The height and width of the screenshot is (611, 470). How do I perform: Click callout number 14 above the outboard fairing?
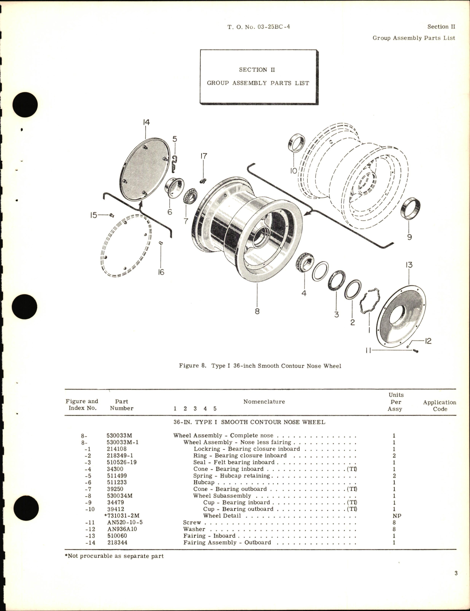[146, 122]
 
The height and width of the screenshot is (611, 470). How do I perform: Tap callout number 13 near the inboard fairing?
[409, 265]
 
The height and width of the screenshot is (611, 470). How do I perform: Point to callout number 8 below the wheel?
[257, 311]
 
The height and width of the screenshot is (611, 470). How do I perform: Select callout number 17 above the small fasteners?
[203, 156]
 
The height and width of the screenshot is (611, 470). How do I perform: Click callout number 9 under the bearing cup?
[409, 237]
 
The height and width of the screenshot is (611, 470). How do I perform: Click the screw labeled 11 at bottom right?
[415, 351]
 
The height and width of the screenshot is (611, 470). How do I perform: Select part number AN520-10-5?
[125, 522]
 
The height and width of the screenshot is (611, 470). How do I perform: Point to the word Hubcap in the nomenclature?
[204, 482]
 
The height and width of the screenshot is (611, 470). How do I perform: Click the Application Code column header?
[440, 405]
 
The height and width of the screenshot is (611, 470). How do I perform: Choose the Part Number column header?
[122, 405]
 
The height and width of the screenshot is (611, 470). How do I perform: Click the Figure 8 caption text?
[260, 366]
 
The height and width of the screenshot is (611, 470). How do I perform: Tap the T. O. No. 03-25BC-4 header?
[259, 27]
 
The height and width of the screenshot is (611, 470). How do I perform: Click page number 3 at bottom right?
[456, 584]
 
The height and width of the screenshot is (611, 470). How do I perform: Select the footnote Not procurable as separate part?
[114, 556]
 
